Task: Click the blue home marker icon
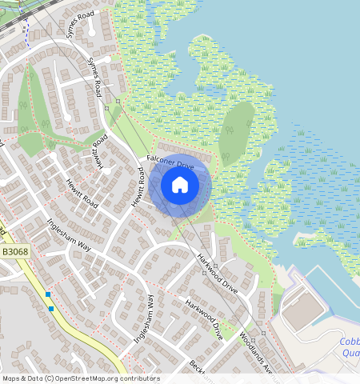[x=180, y=185]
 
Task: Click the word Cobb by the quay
[x=345, y=342]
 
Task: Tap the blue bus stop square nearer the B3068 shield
[x=48, y=294]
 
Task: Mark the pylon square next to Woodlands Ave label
[x=263, y=333]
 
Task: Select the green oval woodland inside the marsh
[x=236, y=132]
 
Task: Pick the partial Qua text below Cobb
[x=350, y=353]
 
